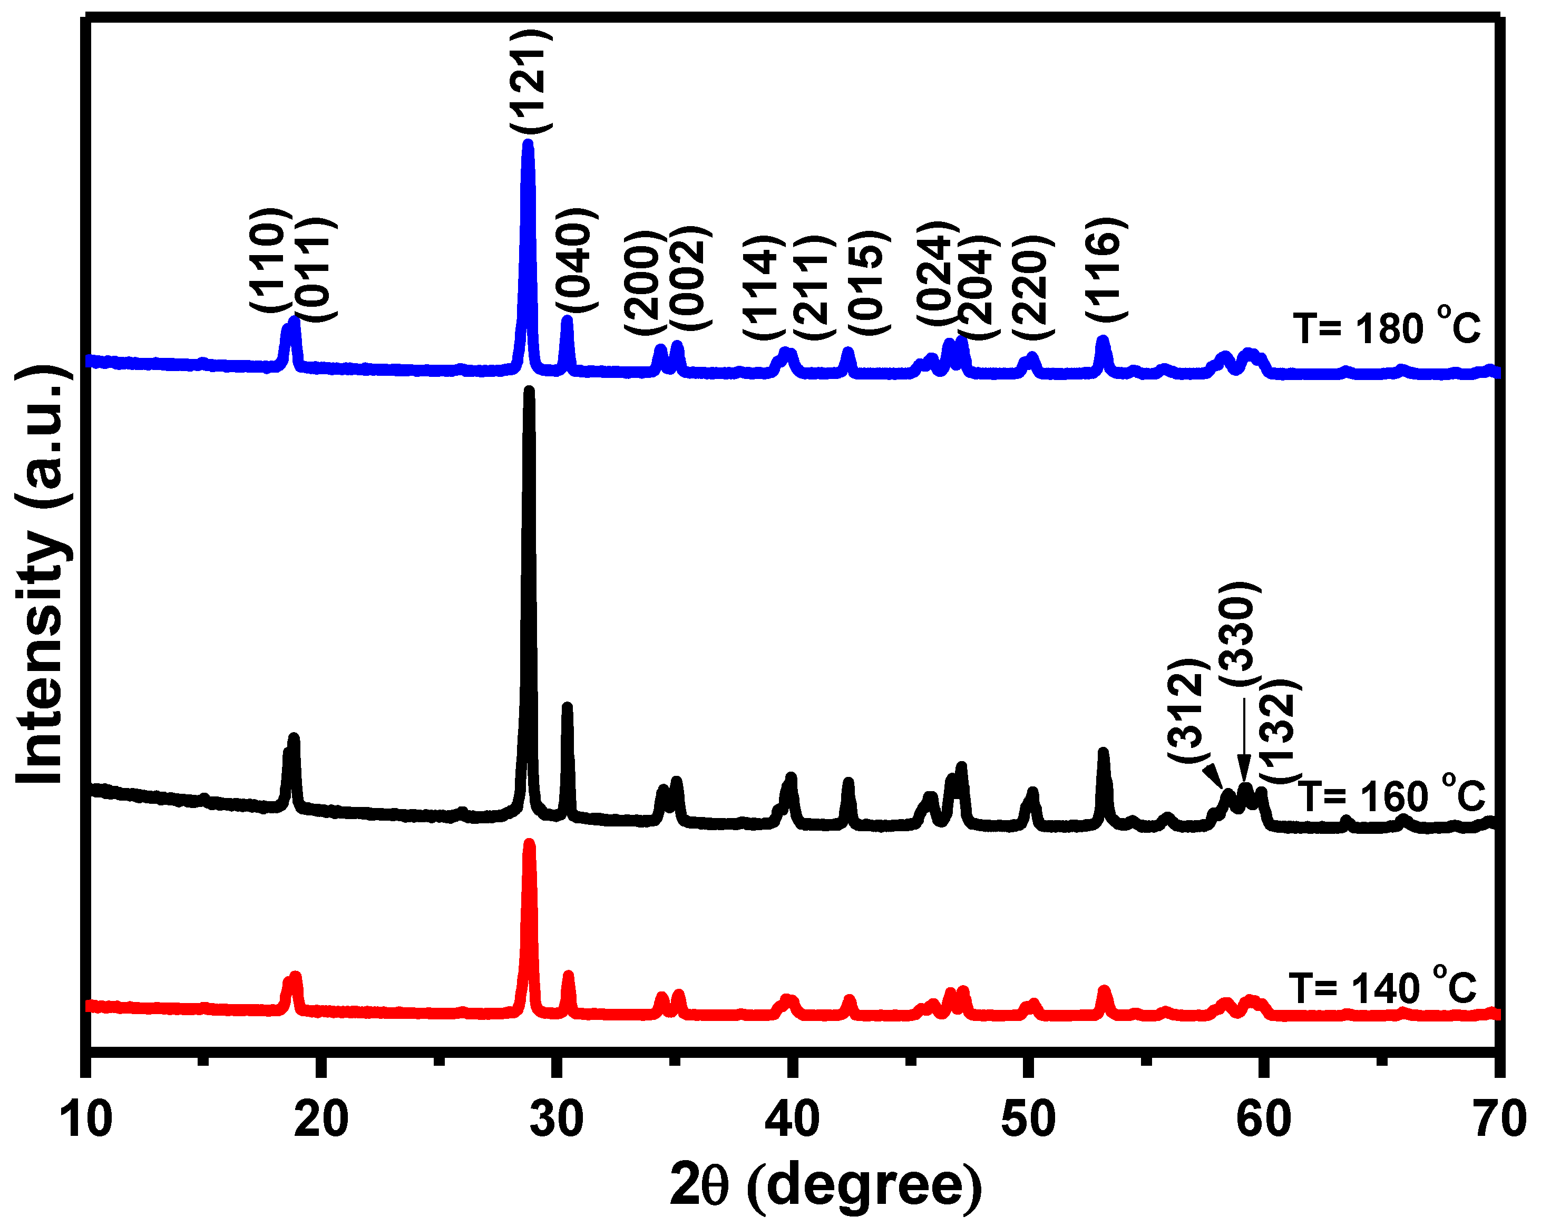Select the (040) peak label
[576, 259]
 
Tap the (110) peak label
[270, 259]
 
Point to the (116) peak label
[1106, 268]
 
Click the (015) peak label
[869, 283]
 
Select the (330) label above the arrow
[1240, 634]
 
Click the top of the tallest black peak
[529, 391]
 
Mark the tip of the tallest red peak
[530, 843]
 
